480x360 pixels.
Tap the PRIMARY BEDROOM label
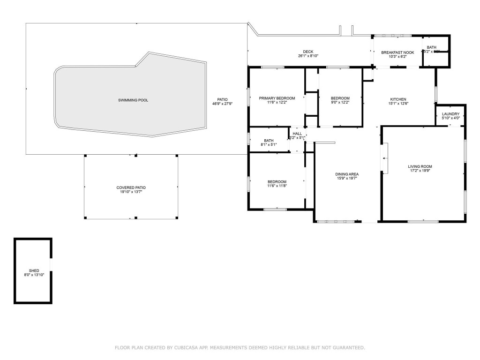pos(277,98)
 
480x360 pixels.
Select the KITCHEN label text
pos(398,99)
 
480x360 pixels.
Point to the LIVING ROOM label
pos(420,166)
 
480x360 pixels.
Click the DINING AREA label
pos(347,174)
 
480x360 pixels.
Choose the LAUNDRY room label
pos(450,114)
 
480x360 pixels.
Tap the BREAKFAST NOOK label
pos(397,52)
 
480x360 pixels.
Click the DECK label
pos(308,52)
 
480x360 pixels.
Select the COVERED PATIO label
pos(131,187)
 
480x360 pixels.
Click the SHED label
pos(34,270)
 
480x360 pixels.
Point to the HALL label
pos(297,134)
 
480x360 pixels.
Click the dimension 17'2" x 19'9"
pos(420,171)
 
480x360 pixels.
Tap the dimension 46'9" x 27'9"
pos(222,104)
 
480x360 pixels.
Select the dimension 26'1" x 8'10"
pos(308,56)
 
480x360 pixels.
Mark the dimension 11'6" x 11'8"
pos(277,186)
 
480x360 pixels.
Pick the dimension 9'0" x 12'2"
pos(340,102)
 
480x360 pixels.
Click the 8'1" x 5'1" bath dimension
pos(269,144)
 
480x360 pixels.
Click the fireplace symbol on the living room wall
pos(385,159)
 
